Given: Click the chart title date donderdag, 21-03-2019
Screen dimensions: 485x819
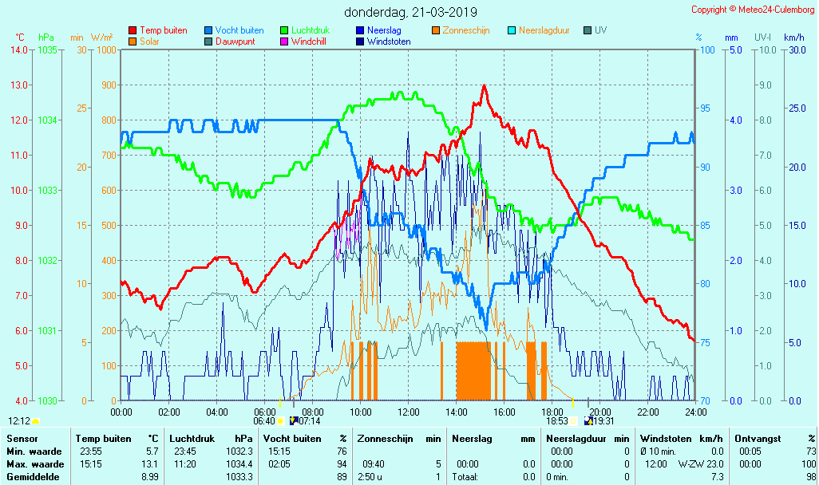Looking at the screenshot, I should pos(410,12).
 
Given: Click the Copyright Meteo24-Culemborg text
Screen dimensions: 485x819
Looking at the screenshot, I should pos(754,10).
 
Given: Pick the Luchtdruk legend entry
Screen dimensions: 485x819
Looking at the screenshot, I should pos(311,30).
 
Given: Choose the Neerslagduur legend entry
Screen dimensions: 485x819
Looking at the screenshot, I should pos(544,30).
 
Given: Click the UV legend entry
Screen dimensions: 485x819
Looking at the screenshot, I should pos(601,30).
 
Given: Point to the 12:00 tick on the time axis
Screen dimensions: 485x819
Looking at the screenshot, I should pos(409,412).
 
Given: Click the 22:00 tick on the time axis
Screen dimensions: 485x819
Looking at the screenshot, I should pos(648,412).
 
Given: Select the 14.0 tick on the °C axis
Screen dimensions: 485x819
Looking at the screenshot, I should pos(19,50).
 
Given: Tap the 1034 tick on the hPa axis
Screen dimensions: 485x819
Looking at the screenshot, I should pos(47,120).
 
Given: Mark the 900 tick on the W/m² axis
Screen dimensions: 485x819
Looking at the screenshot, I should pos(107,85).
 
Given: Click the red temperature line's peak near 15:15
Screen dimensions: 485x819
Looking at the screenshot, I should pos(484,85).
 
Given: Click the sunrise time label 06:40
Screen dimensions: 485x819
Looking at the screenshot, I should pos(263,421).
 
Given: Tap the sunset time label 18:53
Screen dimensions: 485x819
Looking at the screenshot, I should pos(556,421).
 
